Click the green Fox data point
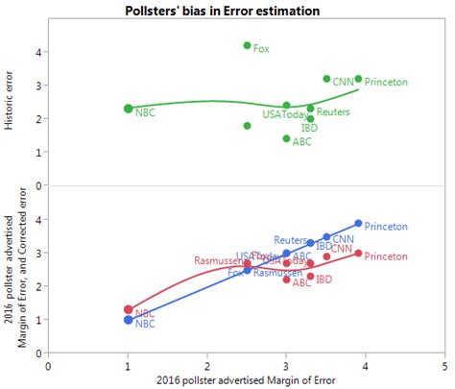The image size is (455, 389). pos(247,45)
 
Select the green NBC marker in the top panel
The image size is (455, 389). pos(129,109)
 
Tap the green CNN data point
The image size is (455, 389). pos(326,79)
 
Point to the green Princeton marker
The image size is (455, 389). pos(358,79)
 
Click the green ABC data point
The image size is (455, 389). pos(286,138)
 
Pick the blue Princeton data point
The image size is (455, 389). pos(358,223)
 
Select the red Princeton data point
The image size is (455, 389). pos(358,254)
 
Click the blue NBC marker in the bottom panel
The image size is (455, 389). pos(129,320)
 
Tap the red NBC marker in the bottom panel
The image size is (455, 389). pos(129,309)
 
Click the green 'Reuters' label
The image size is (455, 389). pos(332,112)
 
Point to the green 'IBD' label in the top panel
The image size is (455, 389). pos(310,127)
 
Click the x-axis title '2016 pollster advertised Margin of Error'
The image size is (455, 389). pos(246,380)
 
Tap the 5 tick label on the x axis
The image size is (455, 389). pos(444,365)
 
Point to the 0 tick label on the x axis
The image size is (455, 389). pos(49,365)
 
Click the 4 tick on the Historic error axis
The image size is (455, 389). pos(36,52)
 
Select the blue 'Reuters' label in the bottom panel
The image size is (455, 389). pos(289,240)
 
